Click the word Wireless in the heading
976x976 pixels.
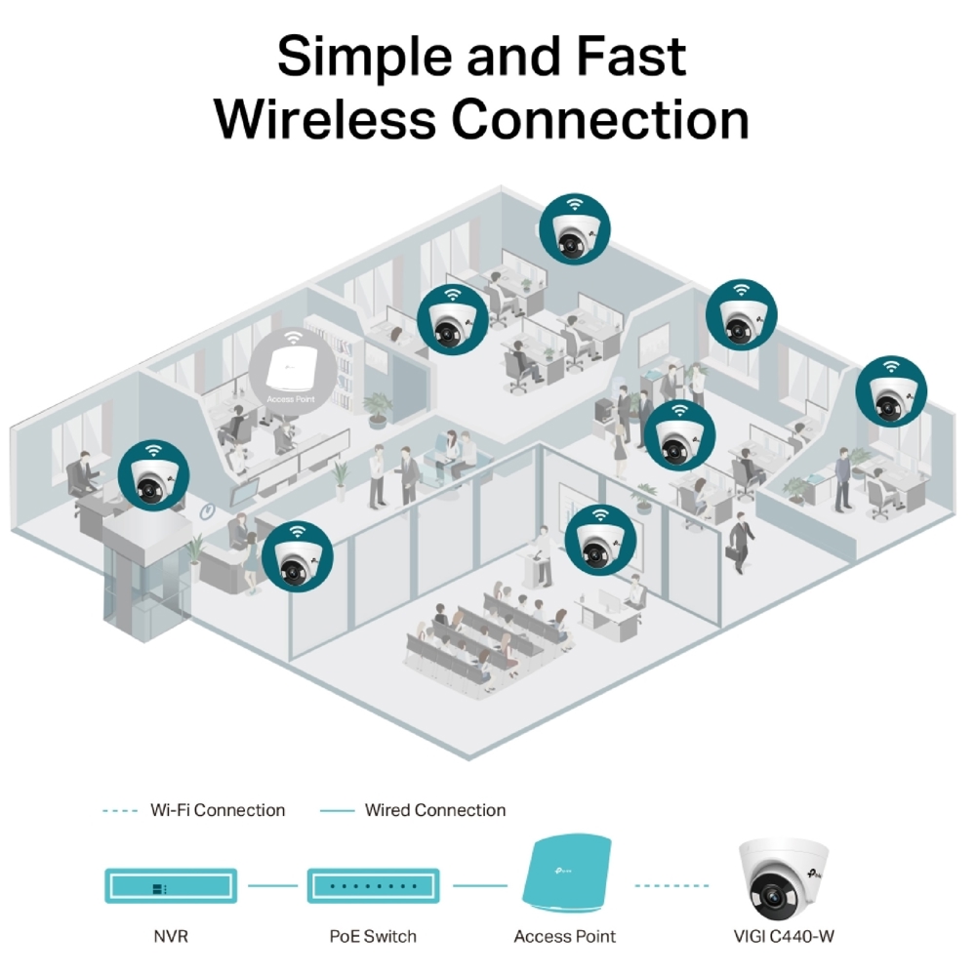[325, 119]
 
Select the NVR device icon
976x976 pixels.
[171, 885]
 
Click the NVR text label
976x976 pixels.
[171, 937]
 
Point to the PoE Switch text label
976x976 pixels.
[372, 937]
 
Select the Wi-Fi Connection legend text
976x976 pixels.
[218, 810]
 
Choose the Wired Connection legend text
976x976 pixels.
[435, 810]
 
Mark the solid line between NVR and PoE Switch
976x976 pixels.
[271, 886]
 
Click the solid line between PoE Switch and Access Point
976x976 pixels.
[478, 886]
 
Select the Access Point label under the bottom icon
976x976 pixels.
[564, 937]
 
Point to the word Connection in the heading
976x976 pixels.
[599, 119]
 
